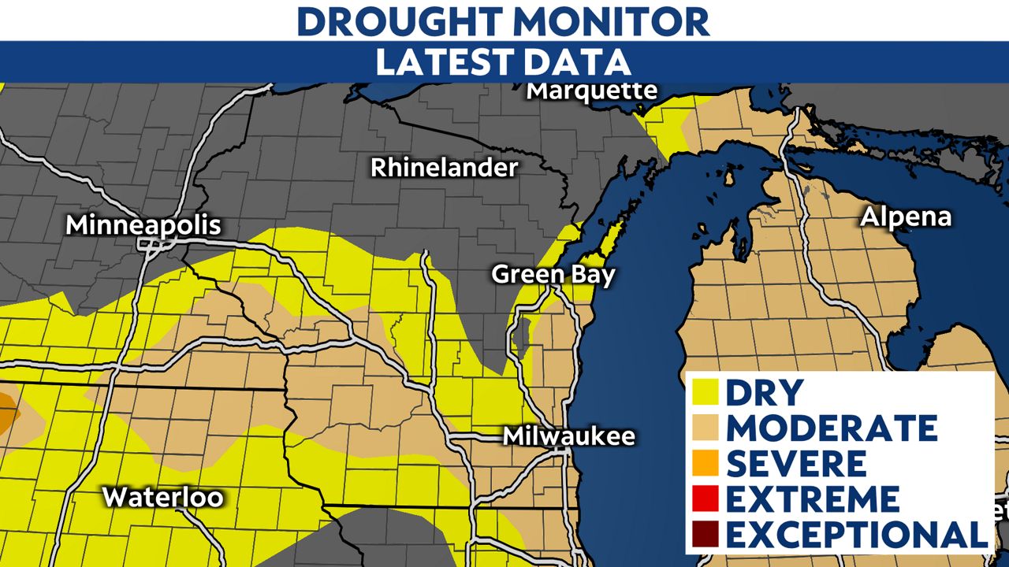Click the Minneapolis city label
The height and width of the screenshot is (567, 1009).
(x=143, y=225)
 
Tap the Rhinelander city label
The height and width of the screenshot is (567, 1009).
(x=445, y=168)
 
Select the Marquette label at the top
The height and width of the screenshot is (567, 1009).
(x=591, y=91)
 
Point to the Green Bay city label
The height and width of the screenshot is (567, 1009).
(x=553, y=274)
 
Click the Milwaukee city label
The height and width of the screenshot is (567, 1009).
(x=569, y=435)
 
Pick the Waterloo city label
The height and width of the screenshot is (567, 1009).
(x=163, y=498)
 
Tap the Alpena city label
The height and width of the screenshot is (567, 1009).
(x=906, y=217)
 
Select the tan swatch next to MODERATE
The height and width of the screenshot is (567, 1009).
(x=707, y=428)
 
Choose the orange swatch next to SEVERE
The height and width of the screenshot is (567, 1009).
(x=707, y=464)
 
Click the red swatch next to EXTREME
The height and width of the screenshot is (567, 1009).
(x=707, y=499)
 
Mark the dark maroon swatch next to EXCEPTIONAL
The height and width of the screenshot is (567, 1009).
(x=707, y=535)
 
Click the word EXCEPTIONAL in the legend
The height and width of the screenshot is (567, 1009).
(x=857, y=535)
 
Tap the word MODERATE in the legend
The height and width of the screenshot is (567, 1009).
(x=832, y=428)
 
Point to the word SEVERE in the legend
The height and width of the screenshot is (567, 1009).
(x=796, y=464)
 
